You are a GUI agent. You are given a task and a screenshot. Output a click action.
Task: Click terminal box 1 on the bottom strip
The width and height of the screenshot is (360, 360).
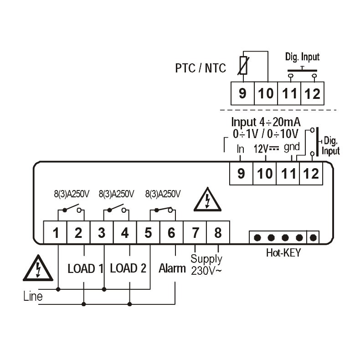(x=56, y=232)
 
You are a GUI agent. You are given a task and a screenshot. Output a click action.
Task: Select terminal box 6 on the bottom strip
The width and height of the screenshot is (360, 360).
(x=171, y=232)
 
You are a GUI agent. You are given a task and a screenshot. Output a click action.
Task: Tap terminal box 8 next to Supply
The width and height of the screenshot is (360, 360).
(x=218, y=232)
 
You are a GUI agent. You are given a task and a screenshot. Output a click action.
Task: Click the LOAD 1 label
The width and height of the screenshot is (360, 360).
(x=85, y=268)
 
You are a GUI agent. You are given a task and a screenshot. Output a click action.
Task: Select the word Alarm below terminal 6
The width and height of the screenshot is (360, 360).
(x=172, y=268)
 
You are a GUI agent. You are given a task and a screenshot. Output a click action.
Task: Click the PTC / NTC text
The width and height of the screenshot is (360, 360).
(x=201, y=68)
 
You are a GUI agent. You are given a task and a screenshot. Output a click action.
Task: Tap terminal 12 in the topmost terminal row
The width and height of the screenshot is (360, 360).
(x=312, y=93)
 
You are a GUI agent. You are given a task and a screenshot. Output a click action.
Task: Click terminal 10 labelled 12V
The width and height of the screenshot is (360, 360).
(x=265, y=173)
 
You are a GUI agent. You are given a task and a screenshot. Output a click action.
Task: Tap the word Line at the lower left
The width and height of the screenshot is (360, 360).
(x=33, y=297)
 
